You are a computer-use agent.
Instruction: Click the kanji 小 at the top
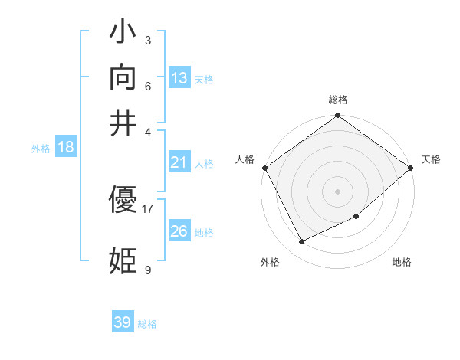pos(123,34)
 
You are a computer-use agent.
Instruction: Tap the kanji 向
pos(123,77)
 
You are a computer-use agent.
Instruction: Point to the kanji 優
pos(123,201)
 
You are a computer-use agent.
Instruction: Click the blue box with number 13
pos(179,78)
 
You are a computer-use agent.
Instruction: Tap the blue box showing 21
pos(179,162)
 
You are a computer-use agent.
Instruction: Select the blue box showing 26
pos(179,231)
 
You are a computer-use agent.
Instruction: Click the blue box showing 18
pos(66,148)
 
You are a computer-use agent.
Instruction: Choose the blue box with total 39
pos(123,322)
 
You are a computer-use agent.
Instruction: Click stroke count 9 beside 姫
pos(147,269)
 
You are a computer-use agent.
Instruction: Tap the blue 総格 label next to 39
pos(147,324)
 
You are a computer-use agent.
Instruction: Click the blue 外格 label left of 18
pos(41,149)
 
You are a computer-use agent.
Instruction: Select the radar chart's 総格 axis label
pos(337,100)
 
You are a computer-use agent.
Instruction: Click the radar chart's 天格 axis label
pos(431,159)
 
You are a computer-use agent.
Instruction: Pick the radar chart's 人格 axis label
pos(245,159)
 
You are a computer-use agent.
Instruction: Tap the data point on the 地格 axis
pos(356,217)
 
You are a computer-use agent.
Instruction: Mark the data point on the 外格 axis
pos(301,242)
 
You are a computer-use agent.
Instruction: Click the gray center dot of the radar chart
pos(337,191)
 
